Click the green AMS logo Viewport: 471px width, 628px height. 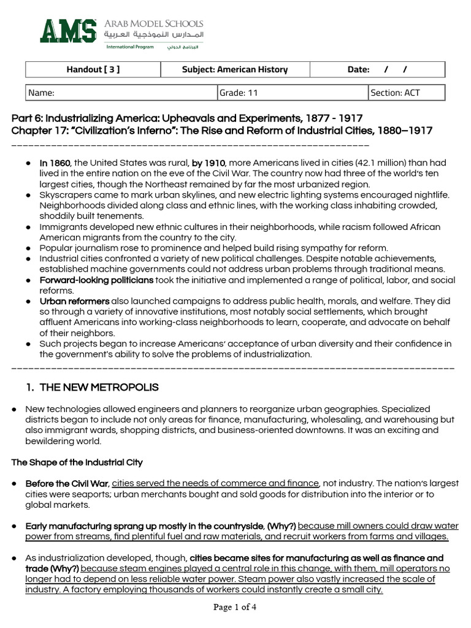coord(68,30)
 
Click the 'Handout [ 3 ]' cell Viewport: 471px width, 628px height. coord(93,69)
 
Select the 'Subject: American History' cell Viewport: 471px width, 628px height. coord(234,69)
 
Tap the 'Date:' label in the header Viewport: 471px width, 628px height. coord(358,69)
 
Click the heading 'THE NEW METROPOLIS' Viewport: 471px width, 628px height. coord(99,388)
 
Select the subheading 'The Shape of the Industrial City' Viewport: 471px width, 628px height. coord(77,462)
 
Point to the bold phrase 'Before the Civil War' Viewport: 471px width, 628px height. coord(67,483)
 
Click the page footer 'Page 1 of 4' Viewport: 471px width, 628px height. coord(235,607)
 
